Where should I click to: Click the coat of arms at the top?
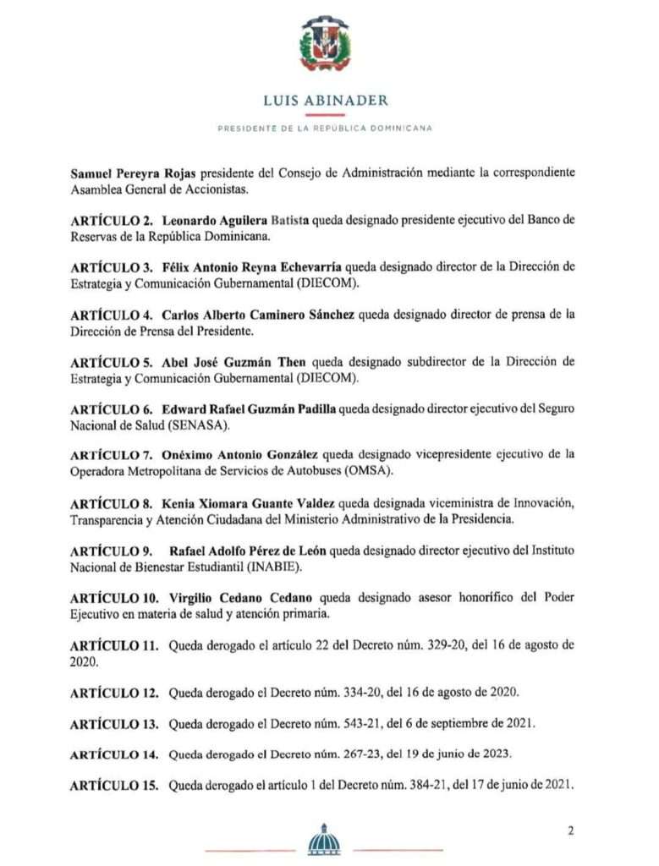point(326,44)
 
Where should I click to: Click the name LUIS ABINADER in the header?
point(326,101)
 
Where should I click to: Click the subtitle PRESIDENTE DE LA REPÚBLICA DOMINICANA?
point(326,128)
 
